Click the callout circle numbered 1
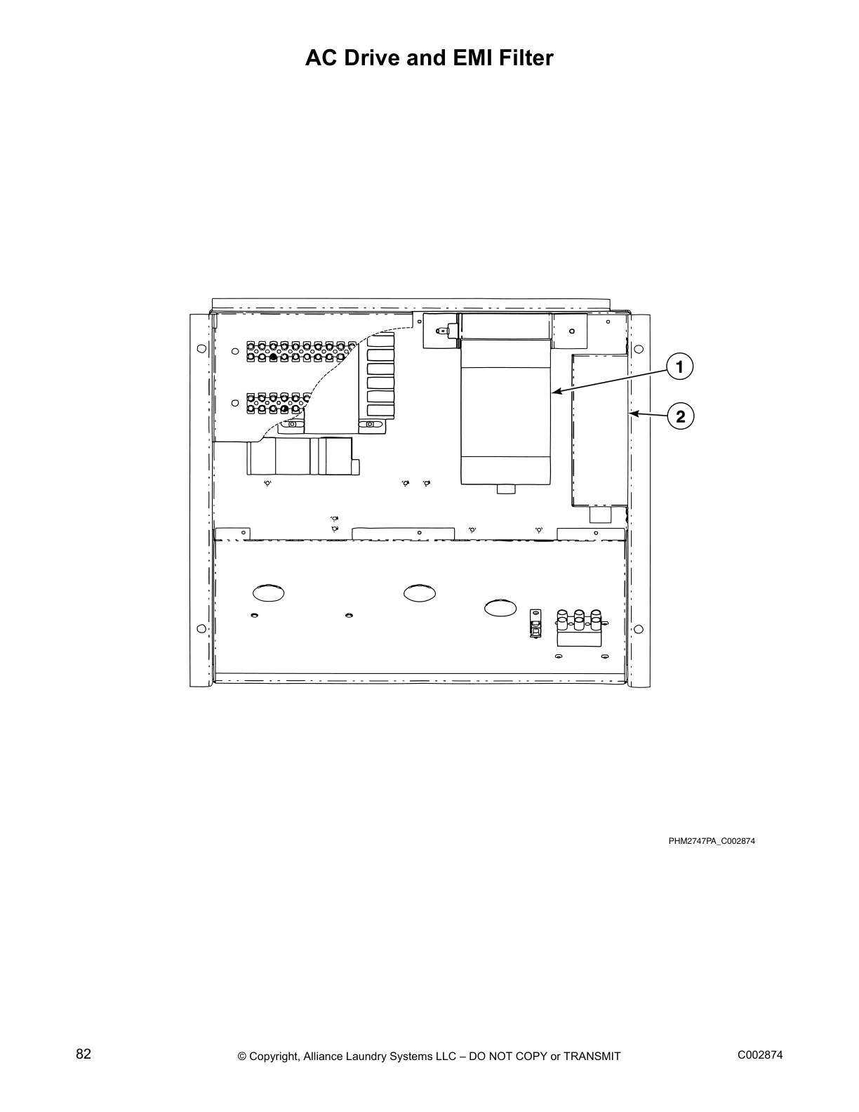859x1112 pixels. [x=679, y=366]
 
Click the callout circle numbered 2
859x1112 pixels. [x=679, y=416]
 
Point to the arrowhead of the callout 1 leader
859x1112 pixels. [x=554, y=392]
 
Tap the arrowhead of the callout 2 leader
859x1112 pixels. [x=632, y=414]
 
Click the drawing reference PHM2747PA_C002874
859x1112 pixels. [x=711, y=841]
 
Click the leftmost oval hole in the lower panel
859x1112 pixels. [x=269, y=593]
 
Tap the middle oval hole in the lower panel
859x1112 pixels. [x=419, y=593]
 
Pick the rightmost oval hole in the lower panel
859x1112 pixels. [x=499, y=608]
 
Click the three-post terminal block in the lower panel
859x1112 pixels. [x=579, y=627]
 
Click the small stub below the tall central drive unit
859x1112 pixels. [x=505, y=489]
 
